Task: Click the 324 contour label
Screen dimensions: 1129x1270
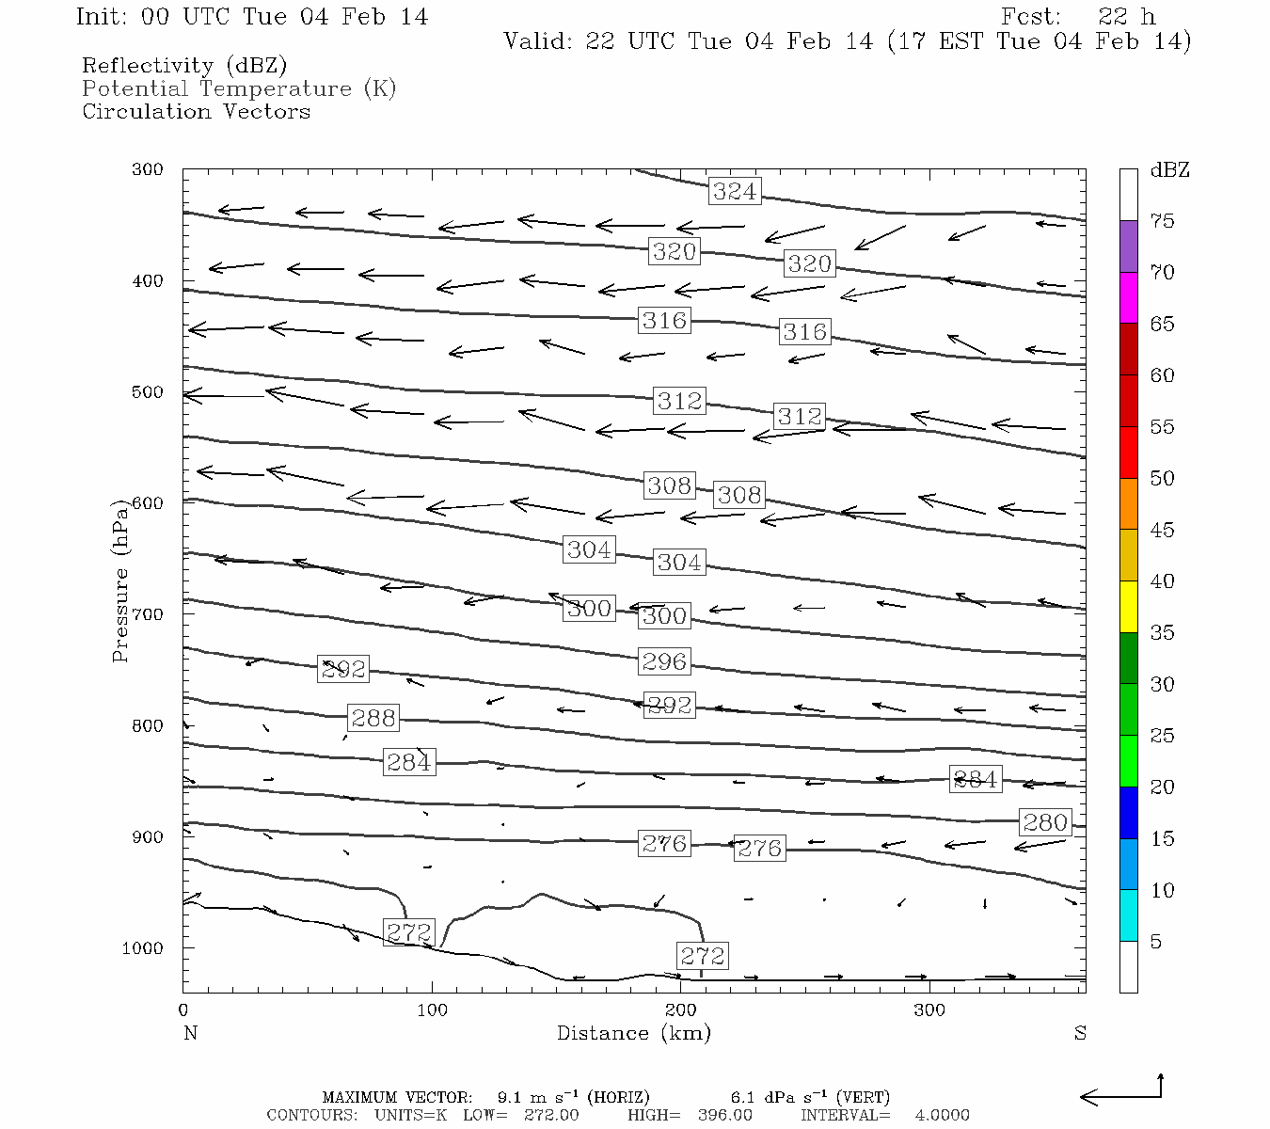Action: [734, 191]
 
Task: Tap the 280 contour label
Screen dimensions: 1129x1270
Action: [1045, 822]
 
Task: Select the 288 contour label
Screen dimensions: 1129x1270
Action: [373, 718]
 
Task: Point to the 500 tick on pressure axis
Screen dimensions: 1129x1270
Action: [148, 392]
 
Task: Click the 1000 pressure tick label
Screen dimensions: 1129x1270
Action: [143, 948]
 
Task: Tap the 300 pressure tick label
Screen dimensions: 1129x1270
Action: [148, 170]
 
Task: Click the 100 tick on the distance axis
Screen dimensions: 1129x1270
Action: [432, 1010]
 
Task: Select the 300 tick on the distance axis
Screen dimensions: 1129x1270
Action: [929, 1010]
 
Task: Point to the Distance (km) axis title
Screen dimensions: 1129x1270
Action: [633, 1033]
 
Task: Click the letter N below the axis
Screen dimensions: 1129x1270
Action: [190, 1033]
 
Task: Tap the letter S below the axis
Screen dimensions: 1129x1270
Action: [1080, 1033]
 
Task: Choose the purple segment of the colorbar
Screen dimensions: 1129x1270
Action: [1128, 246]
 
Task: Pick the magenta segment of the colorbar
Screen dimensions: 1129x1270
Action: [1128, 297]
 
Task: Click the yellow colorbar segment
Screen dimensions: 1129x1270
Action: [1128, 607]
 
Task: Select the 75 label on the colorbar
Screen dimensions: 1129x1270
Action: [1162, 221]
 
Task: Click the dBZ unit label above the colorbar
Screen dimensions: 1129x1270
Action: [1169, 170]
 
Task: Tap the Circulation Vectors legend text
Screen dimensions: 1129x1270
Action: [196, 111]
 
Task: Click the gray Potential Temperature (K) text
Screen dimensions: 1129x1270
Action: [239, 88]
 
